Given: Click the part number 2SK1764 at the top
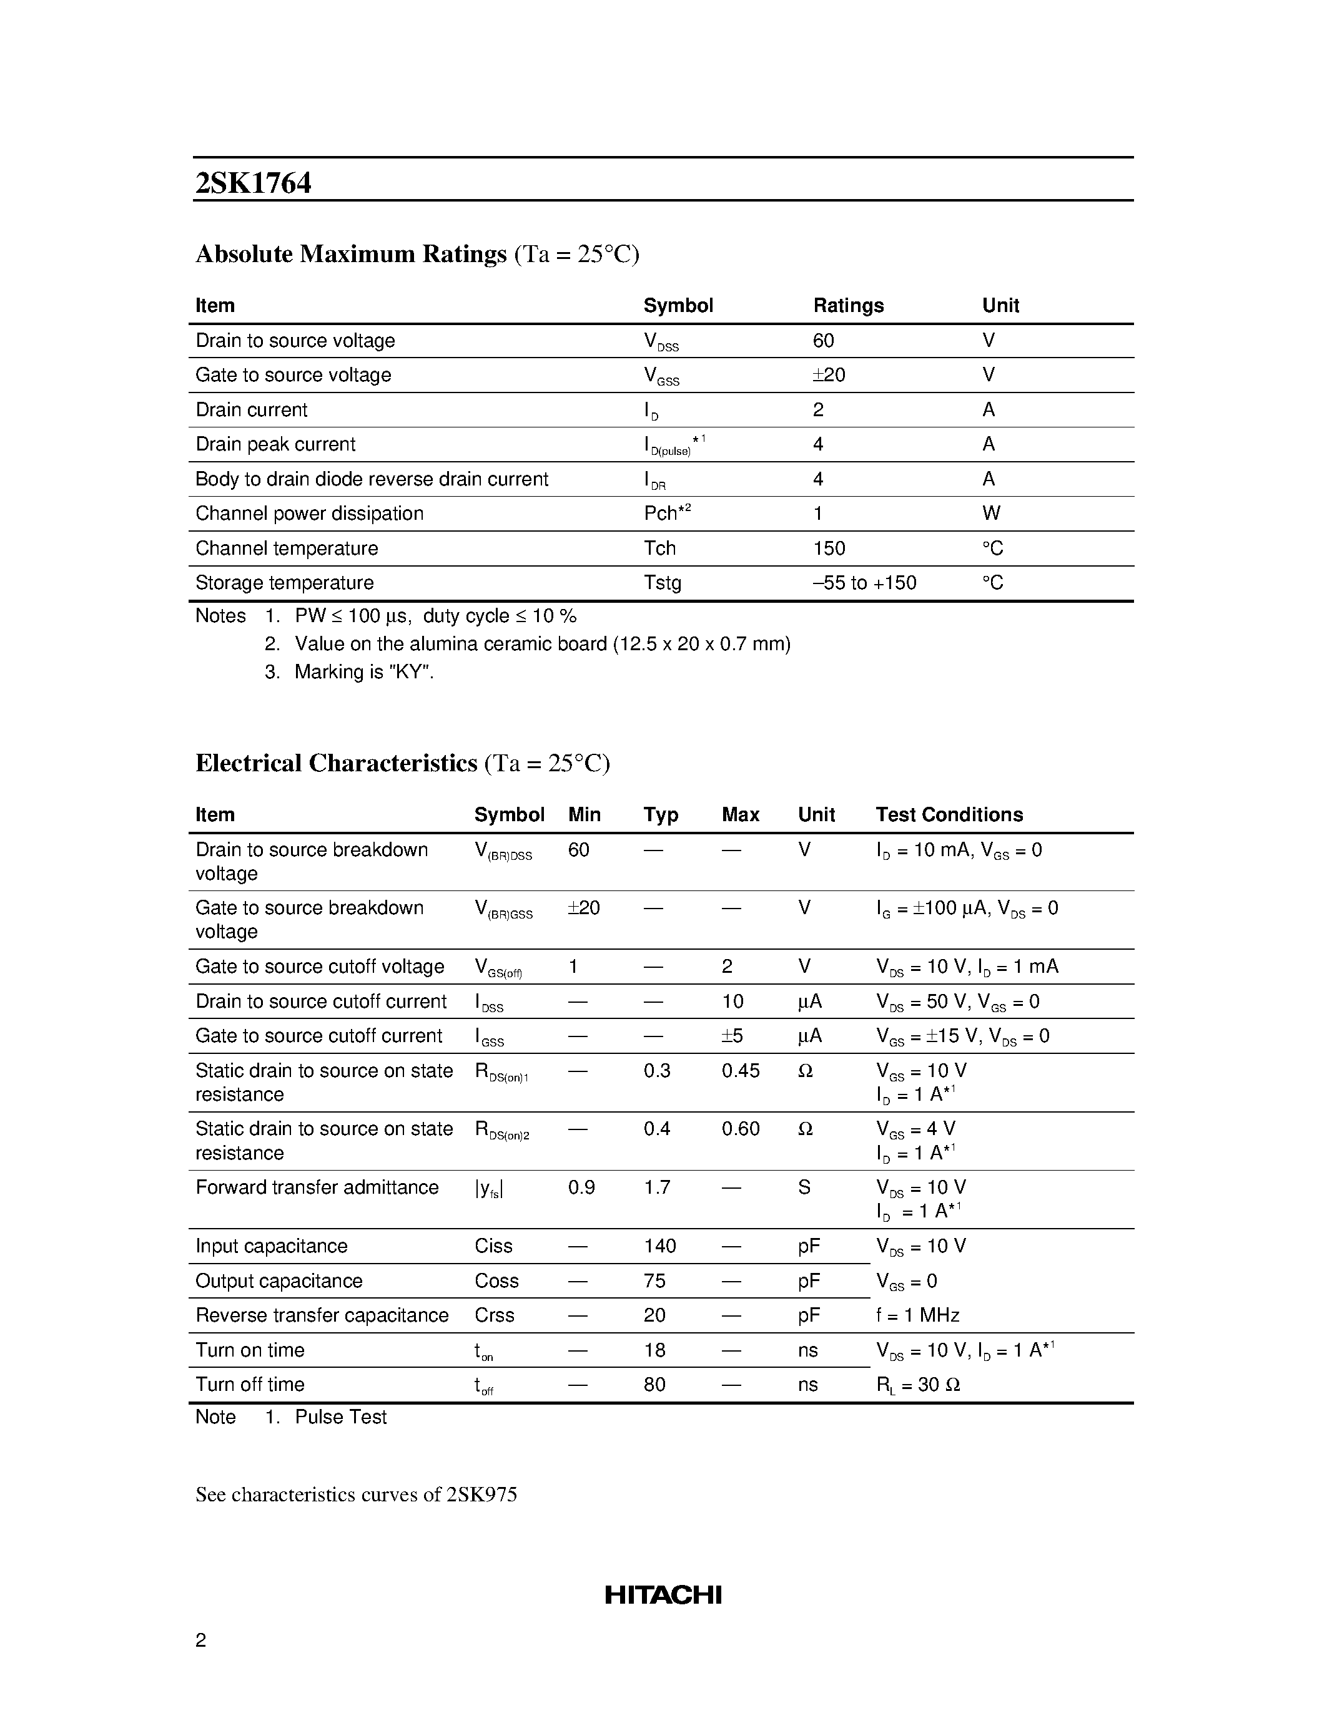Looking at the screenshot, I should (x=253, y=183).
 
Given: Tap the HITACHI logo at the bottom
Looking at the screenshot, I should (x=663, y=1594).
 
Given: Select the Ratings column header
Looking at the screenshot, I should (x=847, y=306).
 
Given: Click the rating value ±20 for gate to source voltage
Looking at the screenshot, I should (x=829, y=375).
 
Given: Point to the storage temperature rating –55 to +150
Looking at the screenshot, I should (x=864, y=583).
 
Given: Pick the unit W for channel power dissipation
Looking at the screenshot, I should (x=990, y=514).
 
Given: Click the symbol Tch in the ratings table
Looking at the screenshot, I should (x=659, y=548).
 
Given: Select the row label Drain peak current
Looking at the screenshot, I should (x=275, y=445).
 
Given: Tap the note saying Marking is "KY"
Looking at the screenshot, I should (x=364, y=672).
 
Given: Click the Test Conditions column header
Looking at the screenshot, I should (x=949, y=815).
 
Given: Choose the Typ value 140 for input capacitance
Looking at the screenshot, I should (x=659, y=1246).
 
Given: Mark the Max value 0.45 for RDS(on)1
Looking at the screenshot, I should (x=740, y=1071).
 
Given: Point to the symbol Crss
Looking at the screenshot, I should (x=494, y=1315).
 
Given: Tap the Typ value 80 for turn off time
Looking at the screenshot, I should (x=654, y=1385).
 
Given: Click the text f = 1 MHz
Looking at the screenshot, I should (x=917, y=1315).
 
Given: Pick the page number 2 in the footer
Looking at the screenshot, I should (x=200, y=1640).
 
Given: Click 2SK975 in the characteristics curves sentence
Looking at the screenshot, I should (x=481, y=1494).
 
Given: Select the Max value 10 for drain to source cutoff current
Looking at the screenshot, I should (x=732, y=1002).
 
